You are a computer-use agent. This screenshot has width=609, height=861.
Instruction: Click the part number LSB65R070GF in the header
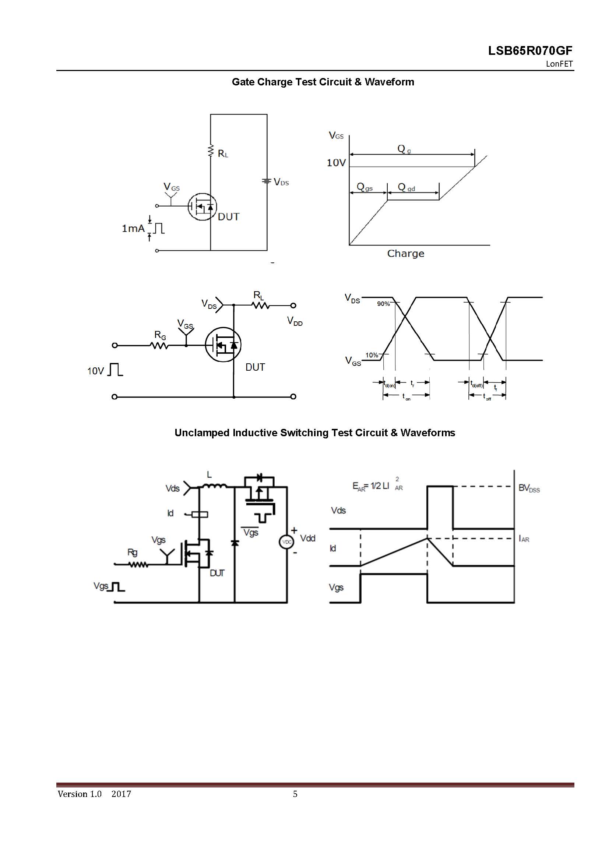pos(530,51)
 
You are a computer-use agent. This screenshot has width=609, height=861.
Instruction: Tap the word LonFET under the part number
pos(559,64)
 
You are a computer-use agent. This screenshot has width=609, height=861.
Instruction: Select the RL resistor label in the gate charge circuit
pos(223,154)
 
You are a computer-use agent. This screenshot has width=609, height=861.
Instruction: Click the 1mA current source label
pos(133,228)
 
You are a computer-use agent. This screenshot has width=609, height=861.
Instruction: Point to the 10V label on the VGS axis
pos(336,163)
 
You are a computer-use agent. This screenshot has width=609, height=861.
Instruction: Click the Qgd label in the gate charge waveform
pos(406,187)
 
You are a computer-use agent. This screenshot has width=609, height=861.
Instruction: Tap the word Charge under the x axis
pos(405,254)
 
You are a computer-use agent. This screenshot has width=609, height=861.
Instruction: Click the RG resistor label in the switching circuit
pos(160,335)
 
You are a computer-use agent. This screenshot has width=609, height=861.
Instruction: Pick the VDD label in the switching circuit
pos(295,321)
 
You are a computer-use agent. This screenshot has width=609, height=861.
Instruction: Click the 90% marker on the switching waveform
pos(383,304)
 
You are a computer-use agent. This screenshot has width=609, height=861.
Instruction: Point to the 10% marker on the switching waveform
pos(372,355)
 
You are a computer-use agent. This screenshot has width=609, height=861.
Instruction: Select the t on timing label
pos(406,397)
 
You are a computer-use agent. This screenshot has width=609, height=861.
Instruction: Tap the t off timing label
pos(487,397)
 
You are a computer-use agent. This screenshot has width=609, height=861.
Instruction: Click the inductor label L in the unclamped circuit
pos(209,475)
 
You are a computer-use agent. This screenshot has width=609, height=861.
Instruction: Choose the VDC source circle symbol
pos(287,542)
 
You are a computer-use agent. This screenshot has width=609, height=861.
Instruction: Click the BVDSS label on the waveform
pos(529,488)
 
